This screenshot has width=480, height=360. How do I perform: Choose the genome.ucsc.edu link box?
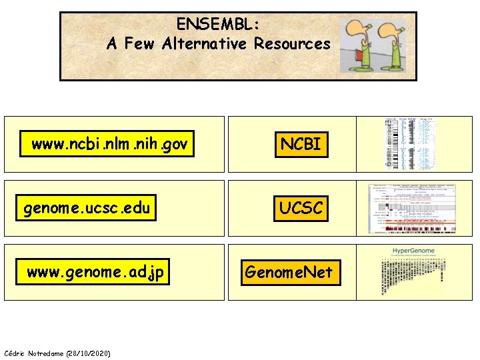tap(86, 209)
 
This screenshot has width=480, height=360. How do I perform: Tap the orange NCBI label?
tap(301, 144)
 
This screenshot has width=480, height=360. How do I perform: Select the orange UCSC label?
tap(301, 209)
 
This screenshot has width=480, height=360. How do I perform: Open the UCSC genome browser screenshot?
tap(411, 208)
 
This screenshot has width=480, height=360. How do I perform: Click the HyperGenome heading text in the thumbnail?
tap(413, 251)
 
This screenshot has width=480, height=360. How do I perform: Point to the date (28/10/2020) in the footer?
tap(88, 353)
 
